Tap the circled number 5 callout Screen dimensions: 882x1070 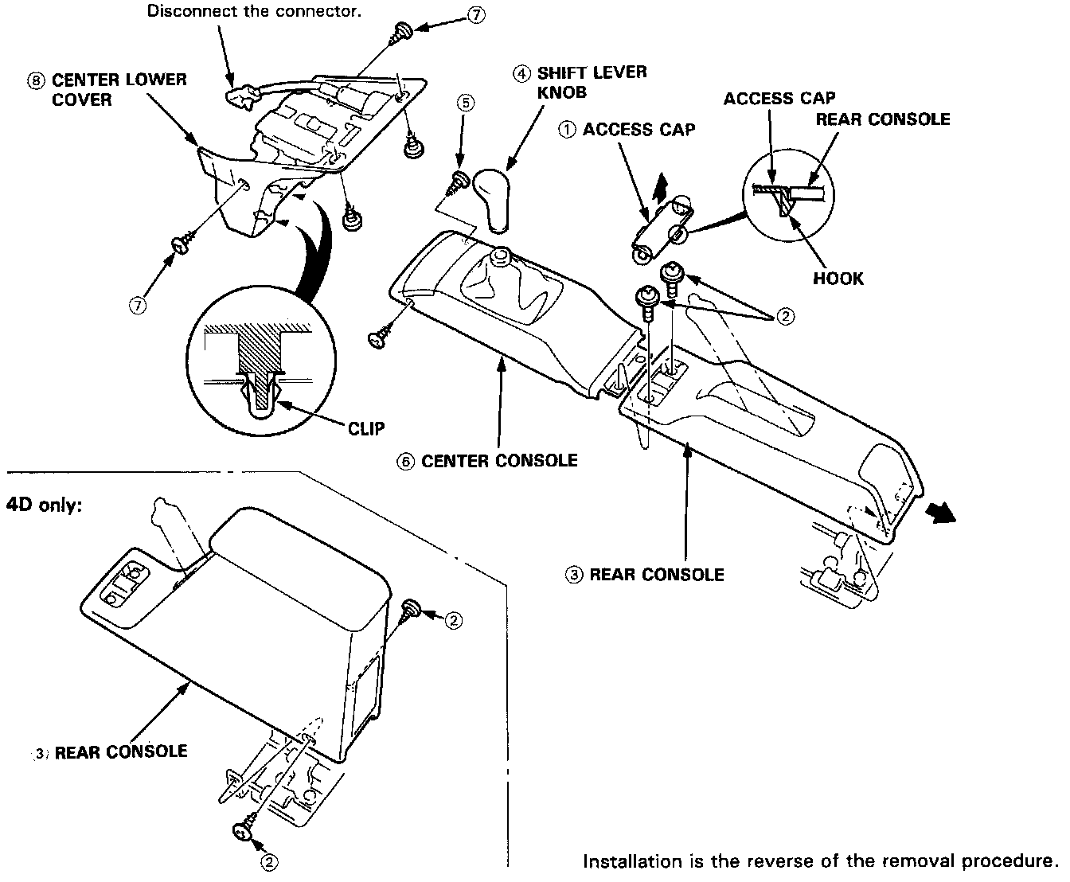coord(466,103)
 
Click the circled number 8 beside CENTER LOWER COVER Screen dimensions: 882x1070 coord(36,80)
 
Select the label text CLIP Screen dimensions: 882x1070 coord(365,429)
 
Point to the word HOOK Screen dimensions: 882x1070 coord(838,279)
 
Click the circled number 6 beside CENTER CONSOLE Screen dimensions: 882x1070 coord(406,461)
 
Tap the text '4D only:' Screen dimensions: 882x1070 coord(44,505)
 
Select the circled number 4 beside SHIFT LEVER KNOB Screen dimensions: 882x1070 coord(521,73)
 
